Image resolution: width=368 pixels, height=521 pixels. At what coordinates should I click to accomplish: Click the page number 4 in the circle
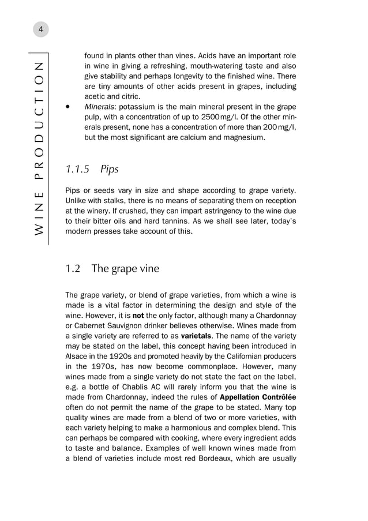click(40, 28)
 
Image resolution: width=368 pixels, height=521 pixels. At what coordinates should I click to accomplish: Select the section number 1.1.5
click(77, 170)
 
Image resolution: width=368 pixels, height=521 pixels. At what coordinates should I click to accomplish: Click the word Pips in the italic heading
click(109, 170)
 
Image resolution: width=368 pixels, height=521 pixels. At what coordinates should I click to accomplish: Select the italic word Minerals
click(99, 107)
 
